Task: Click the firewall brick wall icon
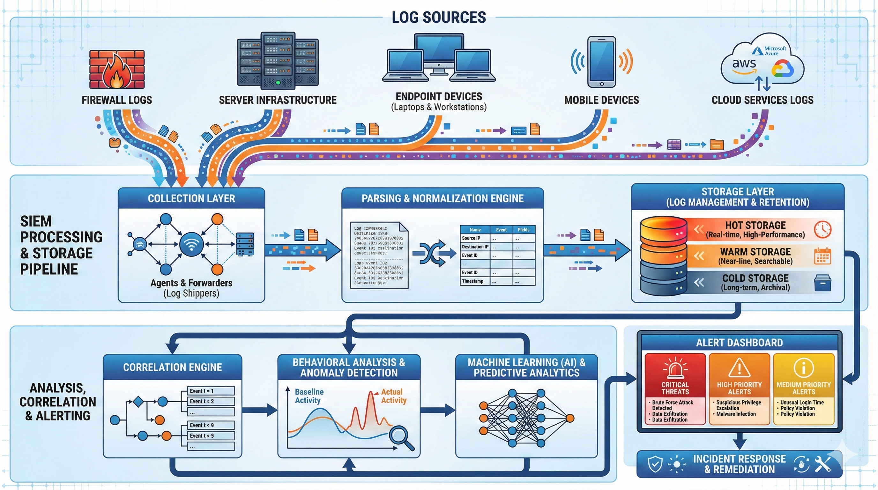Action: (x=117, y=70)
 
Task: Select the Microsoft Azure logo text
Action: (x=775, y=51)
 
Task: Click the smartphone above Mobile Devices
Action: (x=602, y=62)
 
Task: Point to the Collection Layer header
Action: (x=191, y=198)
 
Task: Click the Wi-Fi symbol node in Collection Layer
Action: (x=191, y=244)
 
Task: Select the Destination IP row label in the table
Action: (x=475, y=247)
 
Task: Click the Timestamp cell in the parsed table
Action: (x=472, y=281)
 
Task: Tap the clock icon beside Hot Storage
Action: (x=822, y=229)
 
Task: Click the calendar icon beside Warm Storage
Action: (x=822, y=256)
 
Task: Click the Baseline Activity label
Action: (x=309, y=396)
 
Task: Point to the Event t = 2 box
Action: (x=211, y=401)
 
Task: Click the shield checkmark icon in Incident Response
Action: (x=655, y=464)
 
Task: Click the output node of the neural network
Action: (x=570, y=418)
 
